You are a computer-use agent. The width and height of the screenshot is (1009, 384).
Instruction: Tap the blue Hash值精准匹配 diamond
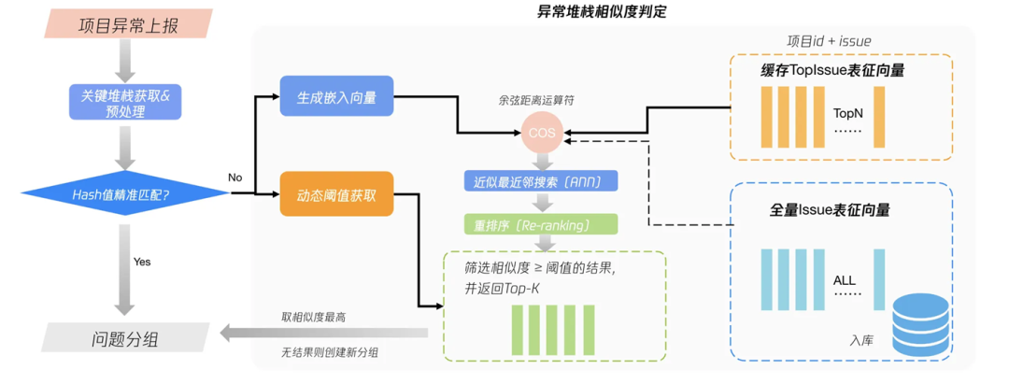(x=126, y=193)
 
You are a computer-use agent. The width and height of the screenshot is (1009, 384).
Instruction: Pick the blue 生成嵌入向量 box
(x=337, y=97)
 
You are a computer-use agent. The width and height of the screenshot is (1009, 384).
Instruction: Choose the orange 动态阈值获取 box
(x=337, y=197)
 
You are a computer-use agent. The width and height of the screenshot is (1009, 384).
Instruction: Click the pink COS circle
(x=541, y=133)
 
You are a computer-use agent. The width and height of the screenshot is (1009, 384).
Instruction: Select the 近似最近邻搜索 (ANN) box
(x=541, y=179)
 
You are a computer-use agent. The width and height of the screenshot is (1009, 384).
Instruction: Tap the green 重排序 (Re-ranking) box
(x=541, y=224)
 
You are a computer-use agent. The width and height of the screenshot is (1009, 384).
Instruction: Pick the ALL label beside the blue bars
(x=844, y=280)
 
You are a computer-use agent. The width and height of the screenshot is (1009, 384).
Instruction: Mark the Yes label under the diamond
(x=142, y=262)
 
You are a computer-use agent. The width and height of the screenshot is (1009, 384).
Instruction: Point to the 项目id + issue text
(x=831, y=40)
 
